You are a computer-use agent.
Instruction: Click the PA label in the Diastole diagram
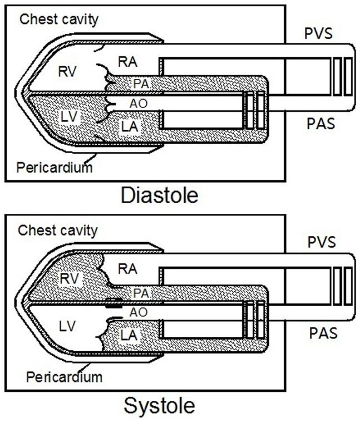click(x=141, y=84)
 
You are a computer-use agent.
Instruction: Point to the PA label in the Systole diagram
click(x=140, y=292)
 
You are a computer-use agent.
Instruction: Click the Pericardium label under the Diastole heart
click(x=54, y=166)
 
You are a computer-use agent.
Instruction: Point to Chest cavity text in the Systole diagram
click(x=58, y=229)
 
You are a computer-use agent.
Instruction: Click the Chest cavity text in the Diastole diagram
click(x=59, y=19)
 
